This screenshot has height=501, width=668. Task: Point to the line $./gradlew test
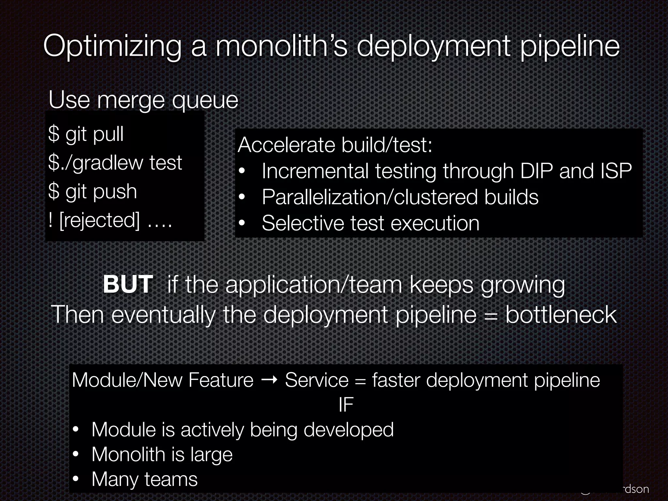[x=115, y=162]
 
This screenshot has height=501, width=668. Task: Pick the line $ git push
[x=92, y=191]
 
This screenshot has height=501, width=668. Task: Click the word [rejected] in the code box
[x=99, y=220]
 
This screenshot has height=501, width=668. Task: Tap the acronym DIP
[x=536, y=171]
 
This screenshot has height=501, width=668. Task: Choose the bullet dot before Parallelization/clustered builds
[x=242, y=197]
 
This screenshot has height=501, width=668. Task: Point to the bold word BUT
[x=128, y=284]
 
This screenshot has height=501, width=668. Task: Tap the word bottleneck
[x=561, y=315]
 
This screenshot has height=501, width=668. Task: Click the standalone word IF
[x=346, y=405]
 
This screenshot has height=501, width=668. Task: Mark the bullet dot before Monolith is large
[x=76, y=454]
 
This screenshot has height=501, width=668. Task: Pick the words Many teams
[x=144, y=479]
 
